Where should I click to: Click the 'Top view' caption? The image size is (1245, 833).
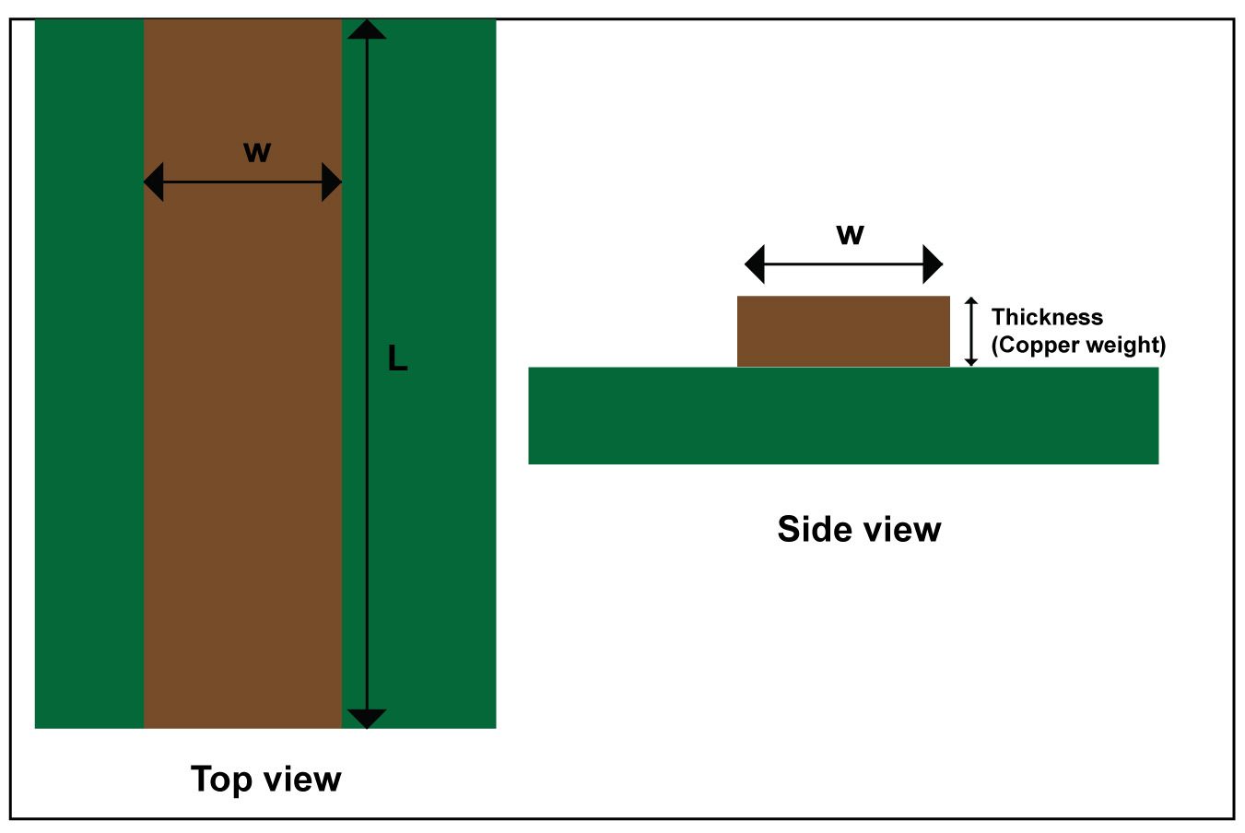point(265,780)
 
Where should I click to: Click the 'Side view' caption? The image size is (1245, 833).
point(859,529)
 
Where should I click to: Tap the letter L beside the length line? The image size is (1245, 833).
point(397,358)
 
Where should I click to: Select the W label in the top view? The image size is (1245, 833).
point(257,152)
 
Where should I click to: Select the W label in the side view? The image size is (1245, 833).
point(851,234)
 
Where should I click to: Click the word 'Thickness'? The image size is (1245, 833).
point(1047,317)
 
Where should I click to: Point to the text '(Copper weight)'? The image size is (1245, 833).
point(1078,346)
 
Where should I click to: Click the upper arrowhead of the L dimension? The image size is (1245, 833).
point(367,29)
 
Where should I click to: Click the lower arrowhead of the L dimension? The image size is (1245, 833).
point(367,719)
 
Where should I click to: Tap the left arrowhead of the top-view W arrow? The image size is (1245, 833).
point(153,182)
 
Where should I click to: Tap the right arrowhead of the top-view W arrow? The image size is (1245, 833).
point(332,182)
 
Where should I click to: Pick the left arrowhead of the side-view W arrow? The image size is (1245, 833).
point(755,264)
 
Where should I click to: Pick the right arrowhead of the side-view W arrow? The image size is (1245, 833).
point(934,264)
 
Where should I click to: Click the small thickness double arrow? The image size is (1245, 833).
point(971,332)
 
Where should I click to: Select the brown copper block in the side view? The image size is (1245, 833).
point(843,331)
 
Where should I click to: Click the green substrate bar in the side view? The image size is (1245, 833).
point(843,416)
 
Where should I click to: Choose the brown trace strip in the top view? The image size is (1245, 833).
point(243,374)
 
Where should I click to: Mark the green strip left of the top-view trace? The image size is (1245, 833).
point(89,374)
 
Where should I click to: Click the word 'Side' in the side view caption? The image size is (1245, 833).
point(815,529)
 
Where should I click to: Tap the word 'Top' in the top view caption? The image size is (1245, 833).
point(222,780)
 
